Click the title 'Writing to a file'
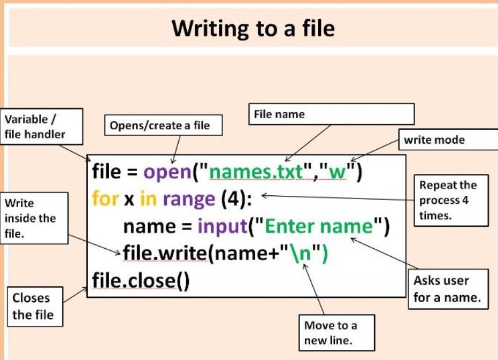coord(253,28)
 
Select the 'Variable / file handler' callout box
coord(42,127)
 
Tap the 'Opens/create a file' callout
coord(159,126)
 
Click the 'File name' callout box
coord(331,114)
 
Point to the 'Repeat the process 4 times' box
coord(450,201)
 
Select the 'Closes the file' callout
coord(33,307)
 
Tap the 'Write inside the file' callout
coord(34,218)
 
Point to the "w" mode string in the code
coord(338,172)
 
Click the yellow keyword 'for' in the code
coord(104,199)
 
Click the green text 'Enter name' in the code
coord(318,226)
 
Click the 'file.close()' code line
coord(141,280)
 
